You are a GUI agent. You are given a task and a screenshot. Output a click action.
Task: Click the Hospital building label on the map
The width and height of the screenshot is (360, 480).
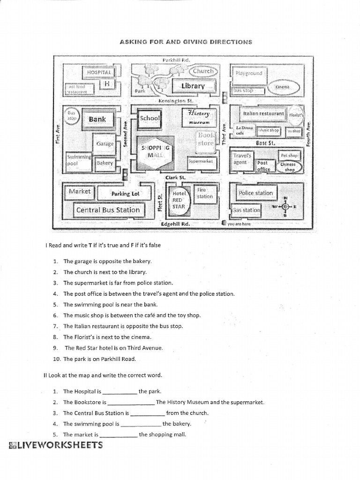(x=98, y=72)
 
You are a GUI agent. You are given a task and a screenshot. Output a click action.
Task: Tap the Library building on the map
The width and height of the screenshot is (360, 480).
(x=193, y=86)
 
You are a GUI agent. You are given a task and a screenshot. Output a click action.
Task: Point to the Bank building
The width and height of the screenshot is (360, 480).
(x=97, y=119)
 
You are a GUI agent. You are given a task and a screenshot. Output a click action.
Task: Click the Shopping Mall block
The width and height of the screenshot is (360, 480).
(x=155, y=151)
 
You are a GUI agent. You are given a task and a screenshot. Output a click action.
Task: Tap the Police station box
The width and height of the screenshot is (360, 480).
(x=255, y=193)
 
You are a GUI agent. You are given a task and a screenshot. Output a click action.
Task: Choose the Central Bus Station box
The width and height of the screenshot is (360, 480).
(x=108, y=210)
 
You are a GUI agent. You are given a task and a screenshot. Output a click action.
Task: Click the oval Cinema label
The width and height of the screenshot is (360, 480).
(x=283, y=87)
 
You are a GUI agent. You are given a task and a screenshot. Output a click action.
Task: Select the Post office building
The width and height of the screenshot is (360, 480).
(x=263, y=166)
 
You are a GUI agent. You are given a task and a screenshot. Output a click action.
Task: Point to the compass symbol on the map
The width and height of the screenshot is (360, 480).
(x=285, y=206)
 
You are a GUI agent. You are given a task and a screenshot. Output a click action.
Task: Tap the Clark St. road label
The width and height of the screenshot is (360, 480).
(x=175, y=178)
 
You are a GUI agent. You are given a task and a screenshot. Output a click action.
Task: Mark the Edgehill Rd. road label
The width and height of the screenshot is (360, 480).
(x=175, y=224)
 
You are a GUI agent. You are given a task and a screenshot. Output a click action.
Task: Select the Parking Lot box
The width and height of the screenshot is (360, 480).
(x=125, y=193)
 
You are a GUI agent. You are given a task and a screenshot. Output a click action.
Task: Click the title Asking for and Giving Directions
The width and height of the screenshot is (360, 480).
(x=186, y=42)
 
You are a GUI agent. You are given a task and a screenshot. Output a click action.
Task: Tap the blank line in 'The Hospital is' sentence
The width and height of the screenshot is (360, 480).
(x=120, y=391)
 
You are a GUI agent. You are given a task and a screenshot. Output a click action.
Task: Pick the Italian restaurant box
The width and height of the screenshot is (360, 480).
(x=263, y=113)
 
